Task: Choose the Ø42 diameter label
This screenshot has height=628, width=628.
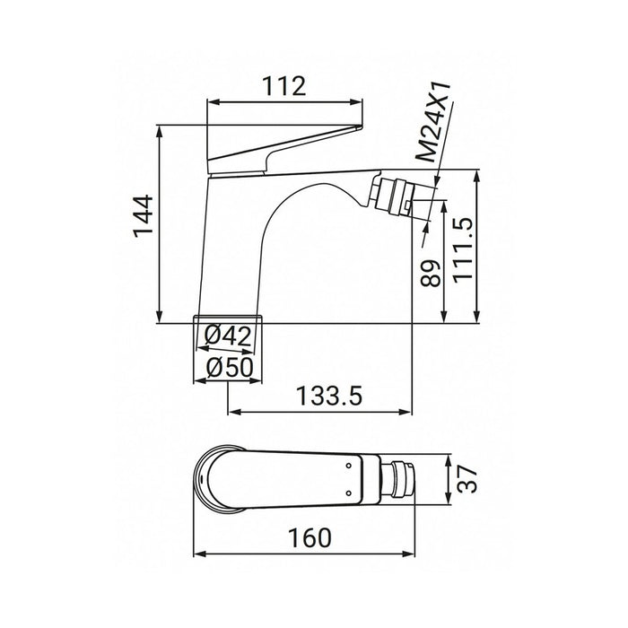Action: point(228,336)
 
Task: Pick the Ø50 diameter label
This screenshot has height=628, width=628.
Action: point(228,368)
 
